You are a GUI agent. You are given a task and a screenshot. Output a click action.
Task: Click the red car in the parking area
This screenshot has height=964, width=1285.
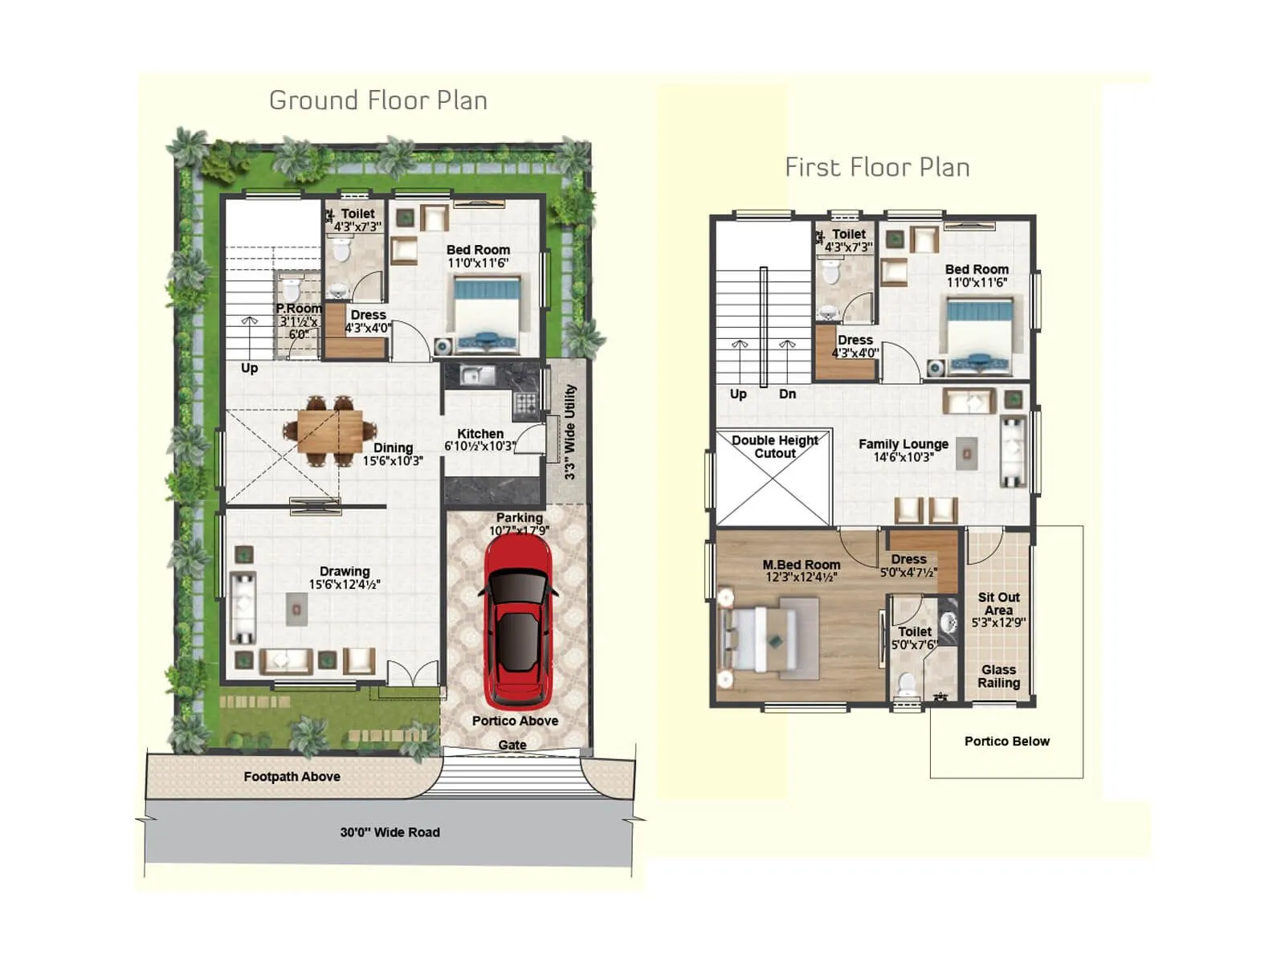tap(519, 620)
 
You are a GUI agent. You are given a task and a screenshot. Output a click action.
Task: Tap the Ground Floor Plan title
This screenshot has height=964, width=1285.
tap(378, 100)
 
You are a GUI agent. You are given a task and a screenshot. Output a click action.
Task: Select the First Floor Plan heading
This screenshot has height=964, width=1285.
tap(877, 167)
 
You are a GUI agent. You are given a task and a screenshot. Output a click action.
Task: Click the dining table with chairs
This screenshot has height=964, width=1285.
tap(329, 431)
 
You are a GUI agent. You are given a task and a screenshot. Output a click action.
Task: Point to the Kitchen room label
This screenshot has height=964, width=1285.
tap(480, 434)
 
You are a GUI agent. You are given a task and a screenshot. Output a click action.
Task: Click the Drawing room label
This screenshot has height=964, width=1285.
tap(345, 571)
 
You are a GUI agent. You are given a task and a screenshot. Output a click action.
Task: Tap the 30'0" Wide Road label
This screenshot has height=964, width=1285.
tap(390, 832)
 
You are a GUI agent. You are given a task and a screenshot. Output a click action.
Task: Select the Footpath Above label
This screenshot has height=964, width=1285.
tap(292, 777)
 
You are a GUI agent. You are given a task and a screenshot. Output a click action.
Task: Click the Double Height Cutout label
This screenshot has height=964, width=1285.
tap(775, 447)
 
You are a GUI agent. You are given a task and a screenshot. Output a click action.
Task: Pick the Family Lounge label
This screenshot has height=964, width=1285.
tap(903, 444)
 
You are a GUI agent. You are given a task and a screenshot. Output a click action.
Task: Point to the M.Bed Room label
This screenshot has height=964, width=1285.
tap(802, 565)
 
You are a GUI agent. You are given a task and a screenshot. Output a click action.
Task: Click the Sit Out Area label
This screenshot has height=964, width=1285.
tap(998, 604)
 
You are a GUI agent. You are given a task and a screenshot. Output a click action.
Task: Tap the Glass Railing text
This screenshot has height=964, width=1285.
tap(998, 676)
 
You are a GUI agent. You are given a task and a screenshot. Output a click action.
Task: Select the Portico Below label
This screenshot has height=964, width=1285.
tap(1006, 741)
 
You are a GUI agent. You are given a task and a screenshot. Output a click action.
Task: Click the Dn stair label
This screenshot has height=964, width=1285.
tap(787, 394)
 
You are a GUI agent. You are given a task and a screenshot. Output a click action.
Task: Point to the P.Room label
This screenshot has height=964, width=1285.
tap(299, 308)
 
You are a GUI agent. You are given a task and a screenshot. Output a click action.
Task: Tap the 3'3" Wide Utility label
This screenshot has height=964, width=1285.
tap(570, 432)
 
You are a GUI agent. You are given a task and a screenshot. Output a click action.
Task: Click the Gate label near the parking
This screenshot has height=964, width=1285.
tap(512, 745)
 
